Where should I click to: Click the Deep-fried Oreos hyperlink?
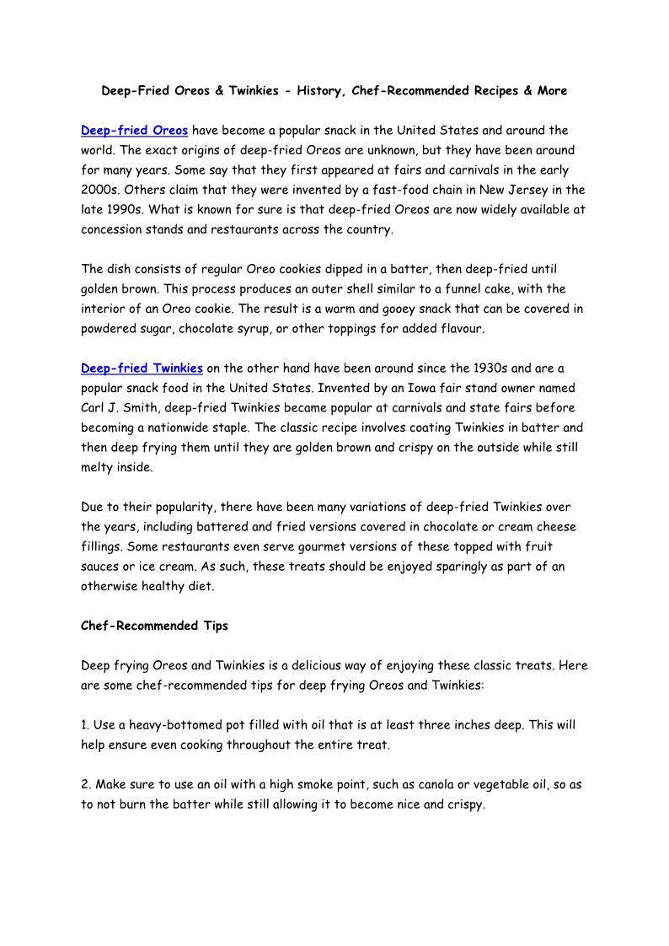134,131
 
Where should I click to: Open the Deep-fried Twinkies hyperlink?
142,368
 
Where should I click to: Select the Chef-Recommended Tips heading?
142,626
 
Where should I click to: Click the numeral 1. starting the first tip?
86,725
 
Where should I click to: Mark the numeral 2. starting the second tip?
87,784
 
